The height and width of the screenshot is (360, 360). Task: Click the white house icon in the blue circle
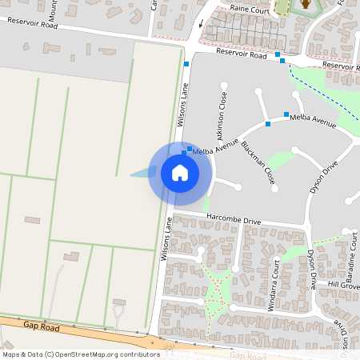(180, 172)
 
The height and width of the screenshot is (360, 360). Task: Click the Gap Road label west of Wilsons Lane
(42, 326)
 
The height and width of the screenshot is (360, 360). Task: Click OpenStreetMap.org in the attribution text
(90, 354)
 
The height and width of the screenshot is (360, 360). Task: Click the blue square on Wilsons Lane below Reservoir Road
(186, 64)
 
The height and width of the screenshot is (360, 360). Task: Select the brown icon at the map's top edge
(305, 6)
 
